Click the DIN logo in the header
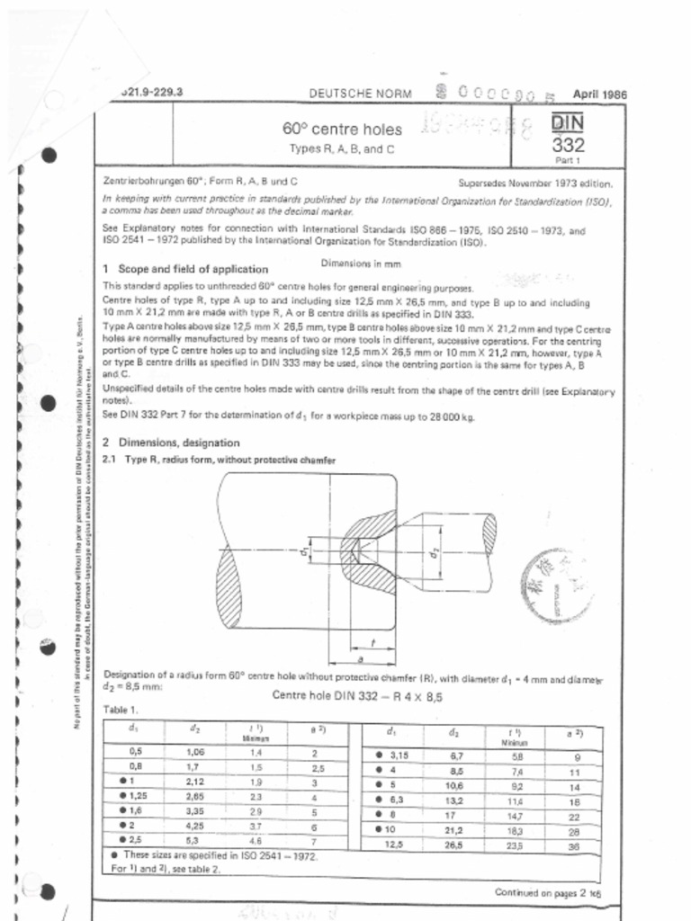point(569,121)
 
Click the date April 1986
point(599,94)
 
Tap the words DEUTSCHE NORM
point(360,94)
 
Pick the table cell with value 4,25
point(195,824)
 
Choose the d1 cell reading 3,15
point(396,756)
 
